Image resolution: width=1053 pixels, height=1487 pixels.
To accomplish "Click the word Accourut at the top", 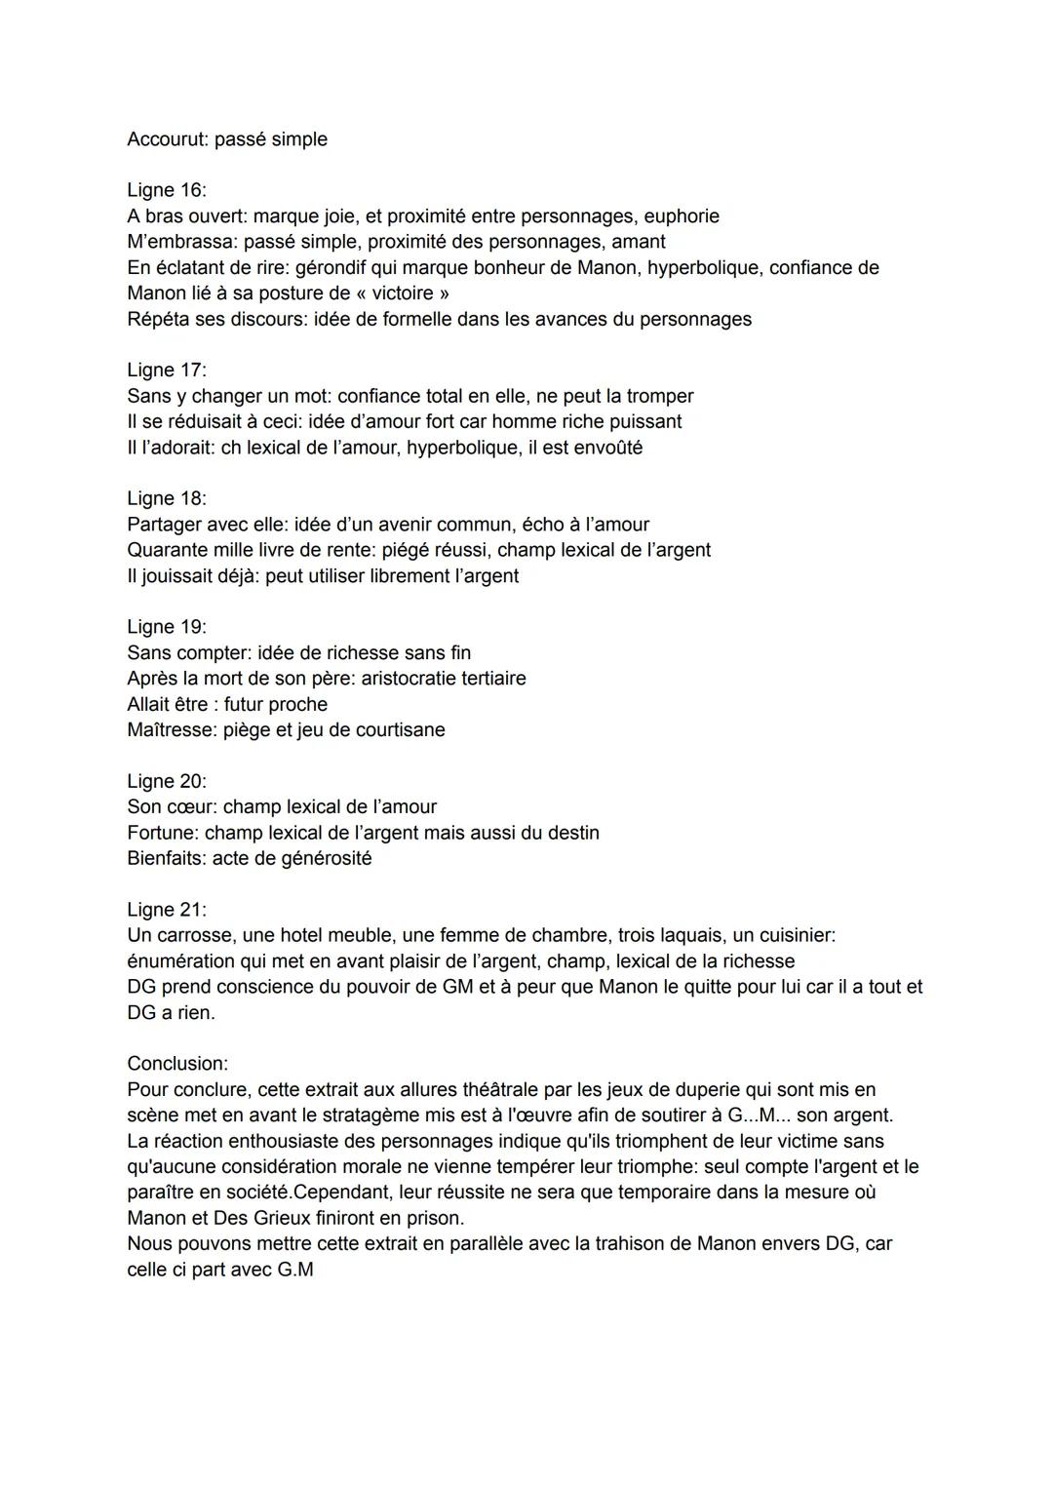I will (x=167, y=139).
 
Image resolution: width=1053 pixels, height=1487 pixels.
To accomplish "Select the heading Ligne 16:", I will (x=167, y=190).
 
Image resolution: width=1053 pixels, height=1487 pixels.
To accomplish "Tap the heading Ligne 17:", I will (x=167, y=371).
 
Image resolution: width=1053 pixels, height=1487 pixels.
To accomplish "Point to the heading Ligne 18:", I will (x=167, y=499).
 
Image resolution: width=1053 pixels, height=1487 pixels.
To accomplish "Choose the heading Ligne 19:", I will (x=167, y=627).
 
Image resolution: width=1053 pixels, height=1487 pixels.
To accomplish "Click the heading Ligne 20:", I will (x=167, y=781).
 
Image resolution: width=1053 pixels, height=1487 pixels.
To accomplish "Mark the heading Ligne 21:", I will (x=167, y=910).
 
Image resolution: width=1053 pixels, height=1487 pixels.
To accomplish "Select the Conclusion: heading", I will (x=177, y=1064).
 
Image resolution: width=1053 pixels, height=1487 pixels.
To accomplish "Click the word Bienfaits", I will (x=166, y=859).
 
